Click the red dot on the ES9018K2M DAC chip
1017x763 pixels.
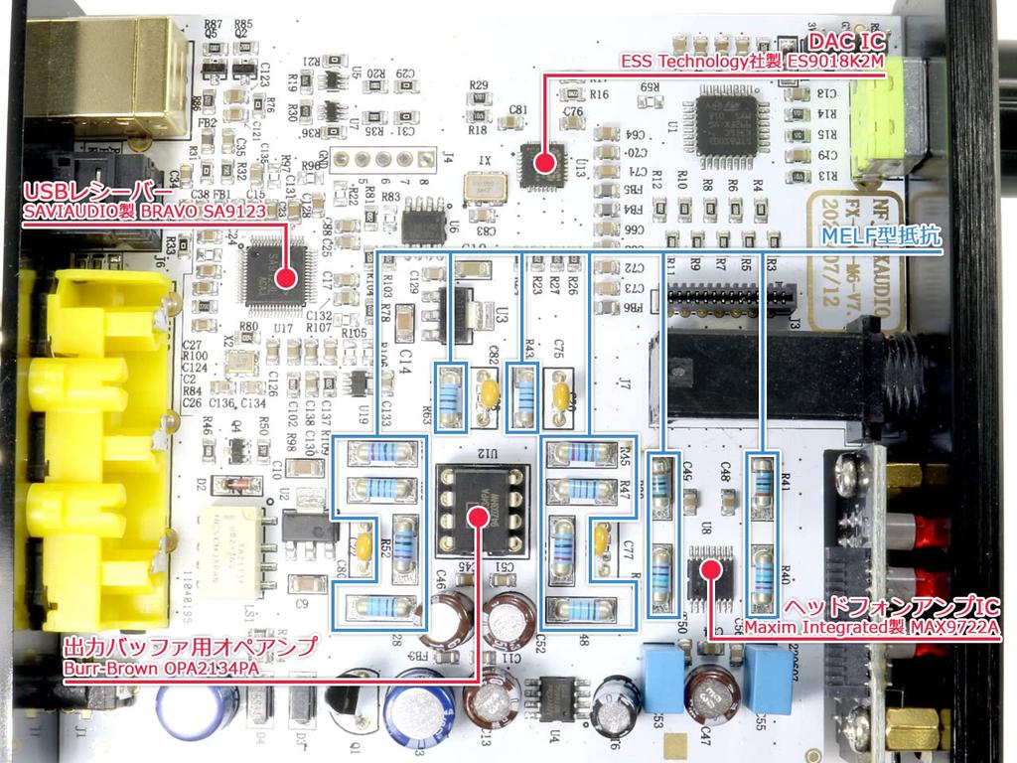point(542,161)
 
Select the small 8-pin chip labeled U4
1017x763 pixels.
point(553,696)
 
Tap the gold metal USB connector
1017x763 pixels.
point(109,69)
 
